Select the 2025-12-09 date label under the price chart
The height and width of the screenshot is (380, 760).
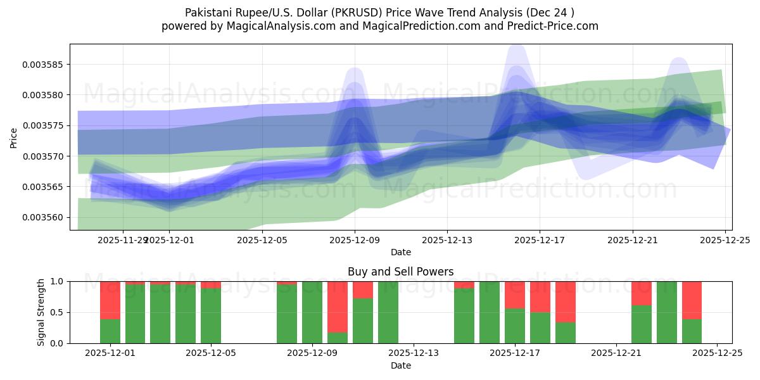[x=355, y=240]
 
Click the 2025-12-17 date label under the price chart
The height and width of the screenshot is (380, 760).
[x=539, y=240]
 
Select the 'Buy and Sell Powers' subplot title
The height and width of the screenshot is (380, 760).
[x=400, y=272]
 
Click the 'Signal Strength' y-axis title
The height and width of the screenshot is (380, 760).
[x=41, y=312]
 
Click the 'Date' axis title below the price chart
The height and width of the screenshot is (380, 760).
[x=400, y=252]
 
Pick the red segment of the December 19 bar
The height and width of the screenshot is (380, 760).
[x=566, y=301]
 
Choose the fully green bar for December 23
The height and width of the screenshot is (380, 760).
[x=667, y=312]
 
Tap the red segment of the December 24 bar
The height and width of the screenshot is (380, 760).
[x=692, y=300]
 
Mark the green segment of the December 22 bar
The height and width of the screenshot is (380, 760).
[x=642, y=324]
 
